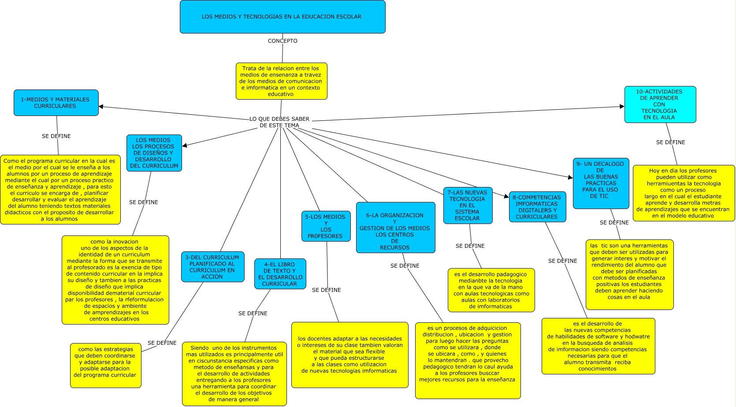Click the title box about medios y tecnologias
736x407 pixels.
point(283,17)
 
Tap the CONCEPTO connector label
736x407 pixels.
point(283,41)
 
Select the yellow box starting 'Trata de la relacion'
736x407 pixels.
point(281,81)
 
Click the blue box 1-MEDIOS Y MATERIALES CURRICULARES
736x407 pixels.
point(56,103)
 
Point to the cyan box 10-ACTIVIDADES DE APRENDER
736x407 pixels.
point(660,105)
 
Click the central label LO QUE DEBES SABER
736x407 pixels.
point(279,122)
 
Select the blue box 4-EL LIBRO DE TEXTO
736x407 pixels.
point(280,274)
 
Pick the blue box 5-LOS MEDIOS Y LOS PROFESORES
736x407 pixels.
point(326,226)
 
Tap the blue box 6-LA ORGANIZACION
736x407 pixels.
point(395,228)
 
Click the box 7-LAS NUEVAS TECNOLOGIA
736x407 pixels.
point(468,205)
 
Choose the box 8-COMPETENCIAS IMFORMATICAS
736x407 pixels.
point(537,207)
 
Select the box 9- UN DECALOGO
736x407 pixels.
point(601,183)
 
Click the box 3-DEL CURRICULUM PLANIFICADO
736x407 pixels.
point(212,267)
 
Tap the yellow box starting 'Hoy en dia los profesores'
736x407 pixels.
point(683,193)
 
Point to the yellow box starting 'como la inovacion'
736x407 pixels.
point(115,280)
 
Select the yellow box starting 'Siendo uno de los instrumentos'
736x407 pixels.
point(234,373)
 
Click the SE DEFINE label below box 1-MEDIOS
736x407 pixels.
point(56,136)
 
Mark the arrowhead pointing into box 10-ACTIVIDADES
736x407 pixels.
point(622,106)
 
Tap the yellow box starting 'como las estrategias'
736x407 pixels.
point(105,365)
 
